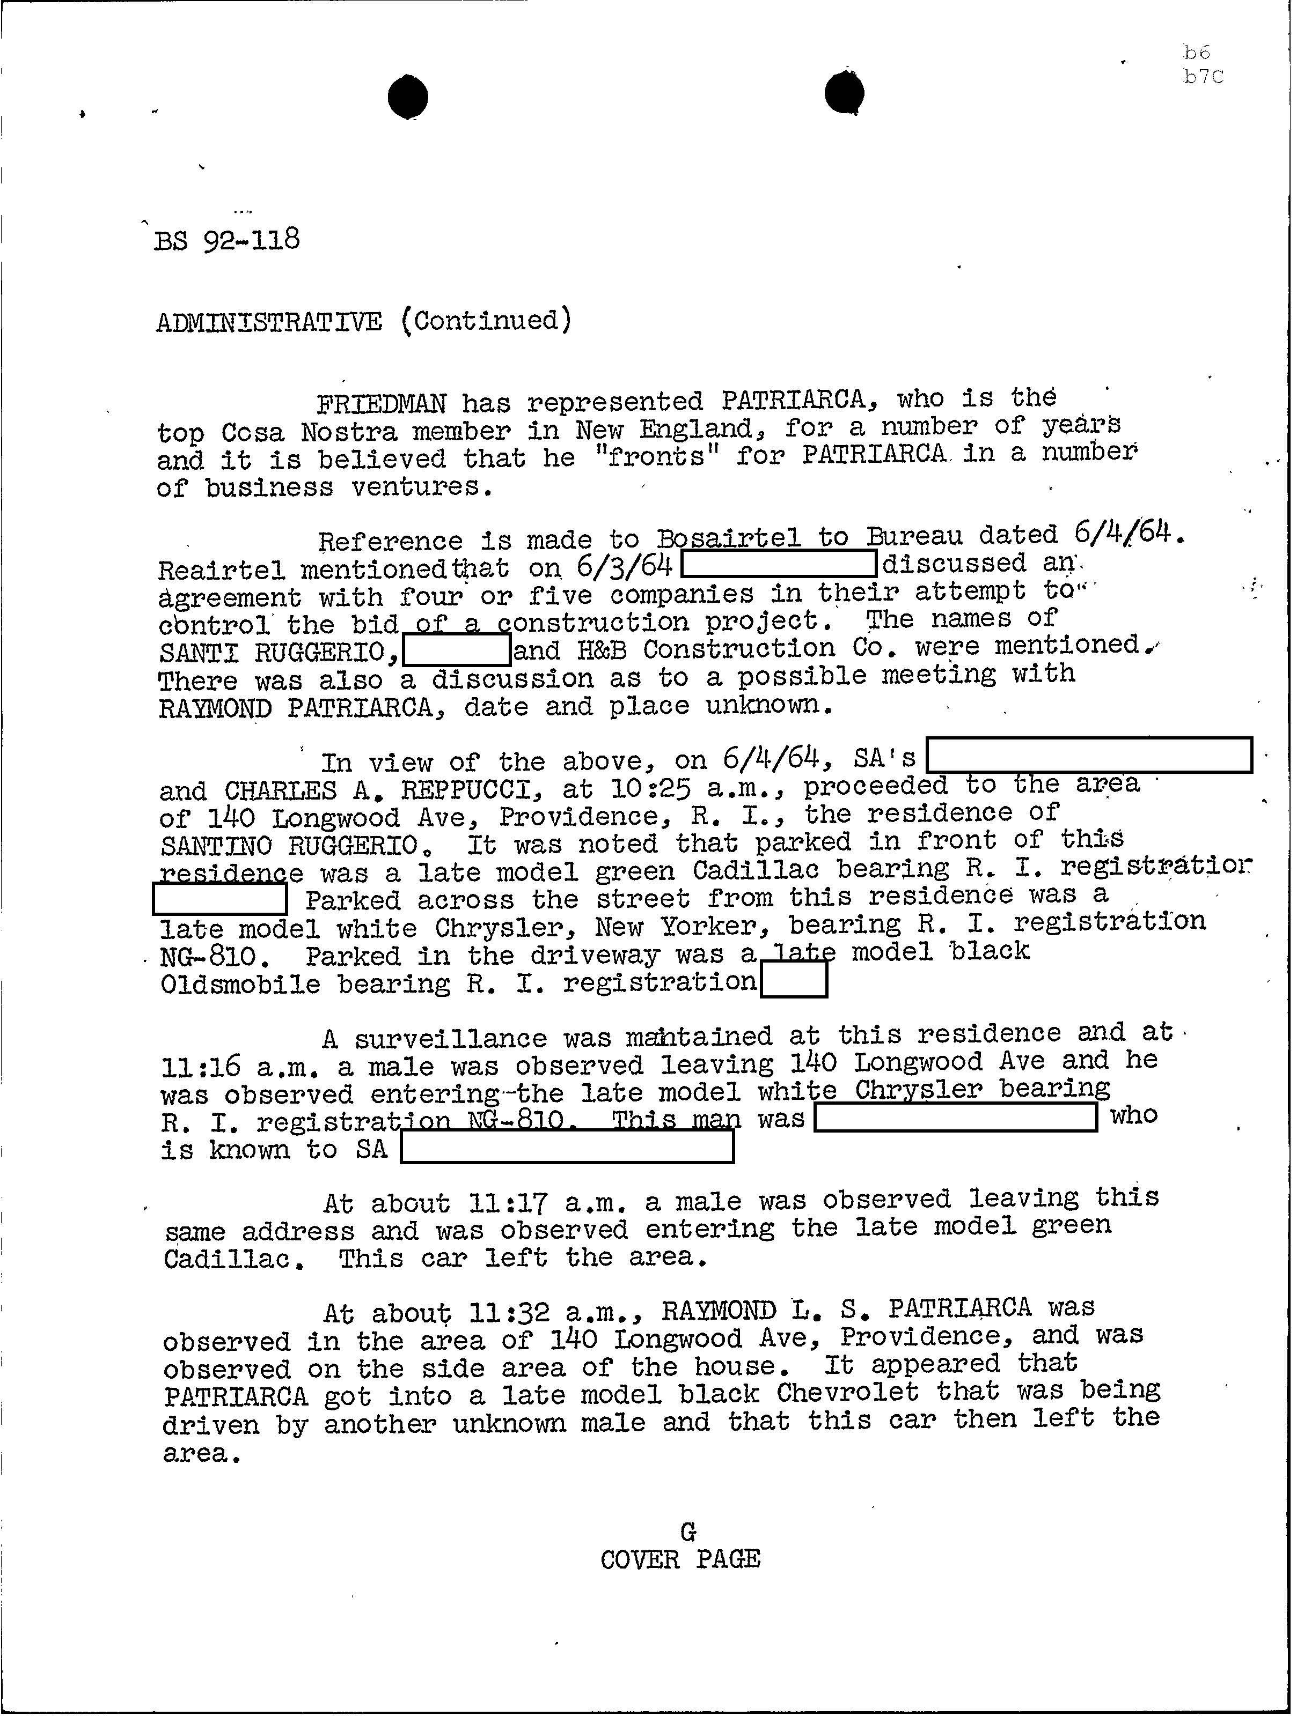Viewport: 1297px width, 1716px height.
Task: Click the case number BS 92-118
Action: coord(226,240)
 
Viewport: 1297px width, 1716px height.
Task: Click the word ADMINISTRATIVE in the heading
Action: coord(268,321)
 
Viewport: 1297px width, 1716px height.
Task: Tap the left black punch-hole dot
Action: coord(407,97)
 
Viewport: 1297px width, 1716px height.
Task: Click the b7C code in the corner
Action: coord(1203,77)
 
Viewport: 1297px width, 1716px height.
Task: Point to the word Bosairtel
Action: coord(728,538)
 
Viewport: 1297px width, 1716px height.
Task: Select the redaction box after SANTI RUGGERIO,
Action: coord(457,650)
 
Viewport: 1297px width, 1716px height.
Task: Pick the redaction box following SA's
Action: coord(1089,756)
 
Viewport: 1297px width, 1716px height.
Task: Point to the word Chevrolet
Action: coord(847,1393)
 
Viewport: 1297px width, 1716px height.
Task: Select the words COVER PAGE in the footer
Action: coord(680,1559)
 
